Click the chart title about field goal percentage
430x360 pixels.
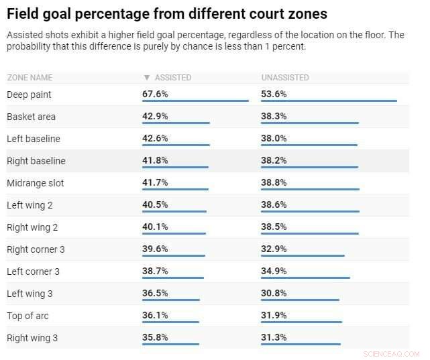coord(167,13)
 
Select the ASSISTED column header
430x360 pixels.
coord(172,78)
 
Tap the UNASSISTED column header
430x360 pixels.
coord(285,78)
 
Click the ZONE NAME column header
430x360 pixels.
coord(30,78)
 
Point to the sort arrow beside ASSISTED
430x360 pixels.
coord(146,78)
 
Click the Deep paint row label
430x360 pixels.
coord(29,95)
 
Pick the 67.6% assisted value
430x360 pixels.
coord(155,94)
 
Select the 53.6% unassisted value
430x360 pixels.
coord(274,94)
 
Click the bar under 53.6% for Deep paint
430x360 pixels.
coord(329,101)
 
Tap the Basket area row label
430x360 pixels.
coord(31,117)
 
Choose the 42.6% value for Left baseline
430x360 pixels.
coord(155,138)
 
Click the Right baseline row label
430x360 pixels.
coord(36,161)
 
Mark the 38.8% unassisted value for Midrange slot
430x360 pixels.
coord(274,182)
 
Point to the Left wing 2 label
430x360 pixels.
coord(30,205)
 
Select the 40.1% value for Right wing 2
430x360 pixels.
coord(155,227)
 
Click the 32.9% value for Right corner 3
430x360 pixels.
coord(274,249)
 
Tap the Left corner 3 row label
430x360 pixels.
coord(33,272)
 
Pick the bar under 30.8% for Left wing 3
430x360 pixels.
coord(300,300)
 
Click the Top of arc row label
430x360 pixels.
coord(28,316)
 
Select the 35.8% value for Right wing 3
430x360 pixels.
coord(155,337)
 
